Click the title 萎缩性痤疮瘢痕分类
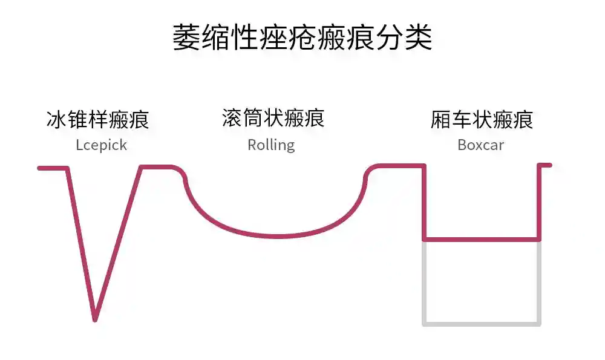click(x=302, y=38)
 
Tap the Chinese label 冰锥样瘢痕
click(x=97, y=119)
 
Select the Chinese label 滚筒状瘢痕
click(x=273, y=118)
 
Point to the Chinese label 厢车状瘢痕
click(x=482, y=119)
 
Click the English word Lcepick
click(x=102, y=145)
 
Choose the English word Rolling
click(x=271, y=145)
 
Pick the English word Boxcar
click(x=481, y=145)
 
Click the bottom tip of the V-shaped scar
click(x=95, y=319)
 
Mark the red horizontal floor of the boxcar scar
click(x=482, y=240)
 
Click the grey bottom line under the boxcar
click(x=482, y=324)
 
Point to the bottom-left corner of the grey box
click(x=424, y=324)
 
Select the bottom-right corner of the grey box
click(x=539, y=324)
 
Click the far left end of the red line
click(x=39, y=168)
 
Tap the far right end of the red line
click(x=549, y=165)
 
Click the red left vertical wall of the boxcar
click(x=424, y=203)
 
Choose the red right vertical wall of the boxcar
click(x=539, y=203)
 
